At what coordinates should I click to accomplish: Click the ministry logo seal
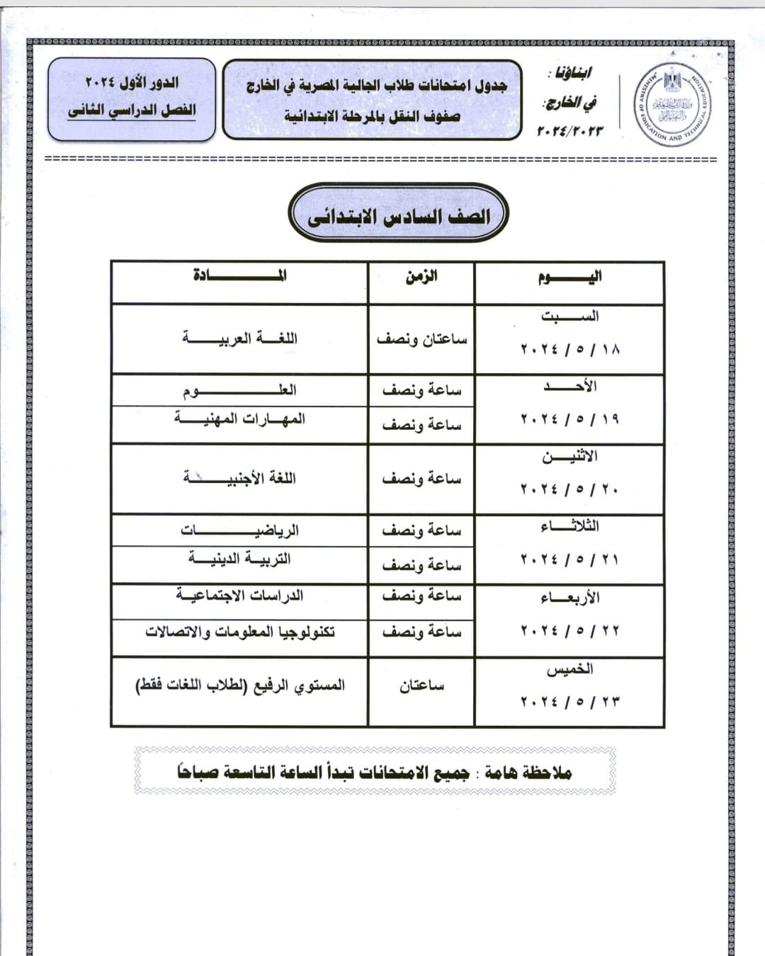pyautogui.click(x=672, y=104)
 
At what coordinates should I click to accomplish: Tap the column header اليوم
pyautogui.click(x=569, y=276)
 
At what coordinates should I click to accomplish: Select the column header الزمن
pyautogui.click(x=421, y=276)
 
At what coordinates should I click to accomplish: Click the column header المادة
pyautogui.click(x=239, y=275)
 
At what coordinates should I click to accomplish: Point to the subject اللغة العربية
pyautogui.click(x=239, y=338)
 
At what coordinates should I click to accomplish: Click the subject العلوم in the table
pyautogui.click(x=239, y=390)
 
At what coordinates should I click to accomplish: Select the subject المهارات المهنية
pyautogui.click(x=239, y=419)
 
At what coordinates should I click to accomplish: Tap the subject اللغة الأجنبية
pyautogui.click(x=239, y=478)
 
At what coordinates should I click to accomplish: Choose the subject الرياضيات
pyautogui.click(x=239, y=530)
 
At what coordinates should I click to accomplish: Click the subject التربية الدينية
pyautogui.click(x=239, y=559)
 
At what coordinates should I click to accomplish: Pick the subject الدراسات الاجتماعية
pyautogui.click(x=239, y=596)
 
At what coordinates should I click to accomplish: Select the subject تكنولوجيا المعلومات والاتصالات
pyautogui.click(x=239, y=631)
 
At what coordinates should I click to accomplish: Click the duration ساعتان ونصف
pyautogui.click(x=421, y=339)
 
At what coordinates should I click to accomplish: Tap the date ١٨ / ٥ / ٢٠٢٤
pyautogui.click(x=569, y=349)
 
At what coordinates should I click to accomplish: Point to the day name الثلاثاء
pyautogui.click(x=569, y=526)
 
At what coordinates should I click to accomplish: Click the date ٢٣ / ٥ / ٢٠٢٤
pyautogui.click(x=569, y=702)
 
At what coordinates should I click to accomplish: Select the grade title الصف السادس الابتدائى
pyautogui.click(x=399, y=216)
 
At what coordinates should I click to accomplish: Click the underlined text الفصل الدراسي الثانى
pyautogui.click(x=132, y=110)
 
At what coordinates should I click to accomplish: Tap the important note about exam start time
pyautogui.click(x=375, y=772)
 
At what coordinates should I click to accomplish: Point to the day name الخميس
pyautogui.click(x=569, y=669)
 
